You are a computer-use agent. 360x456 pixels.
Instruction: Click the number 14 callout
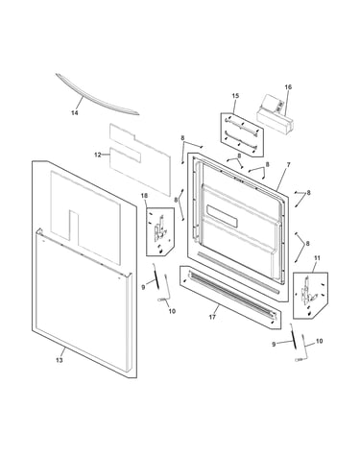pyautogui.click(x=75, y=112)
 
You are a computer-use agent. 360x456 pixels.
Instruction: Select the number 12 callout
pyautogui.click(x=98, y=155)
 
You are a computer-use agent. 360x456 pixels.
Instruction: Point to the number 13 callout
pyautogui.click(x=60, y=360)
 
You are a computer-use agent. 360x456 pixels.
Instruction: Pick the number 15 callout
pyautogui.click(x=235, y=96)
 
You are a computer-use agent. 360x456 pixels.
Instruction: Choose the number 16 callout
pyautogui.click(x=288, y=87)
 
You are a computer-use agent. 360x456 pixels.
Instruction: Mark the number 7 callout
pyautogui.click(x=288, y=164)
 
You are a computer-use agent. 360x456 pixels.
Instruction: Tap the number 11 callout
pyautogui.click(x=317, y=257)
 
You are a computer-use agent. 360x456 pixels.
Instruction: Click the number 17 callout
pyautogui.click(x=212, y=317)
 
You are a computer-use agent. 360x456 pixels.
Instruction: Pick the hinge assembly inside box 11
pyautogui.click(x=306, y=291)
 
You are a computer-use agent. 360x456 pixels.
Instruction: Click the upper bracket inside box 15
pyautogui.click(x=241, y=124)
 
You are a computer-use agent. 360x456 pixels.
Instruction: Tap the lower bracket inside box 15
pyautogui.click(x=241, y=138)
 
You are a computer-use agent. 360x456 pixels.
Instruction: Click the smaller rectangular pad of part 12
pyautogui.click(x=125, y=154)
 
